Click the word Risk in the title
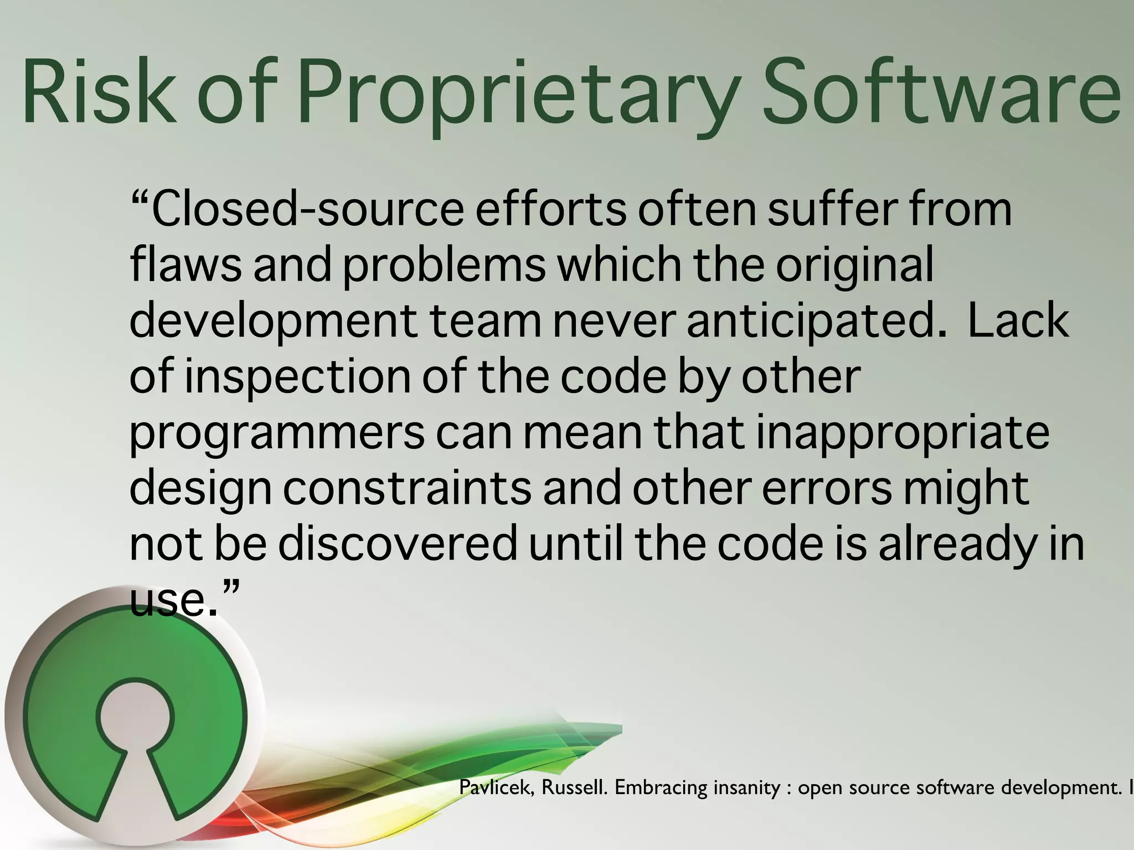tap(99, 91)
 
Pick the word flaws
tap(185, 265)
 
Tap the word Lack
tap(1018, 321)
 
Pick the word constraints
tap(407, 489)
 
